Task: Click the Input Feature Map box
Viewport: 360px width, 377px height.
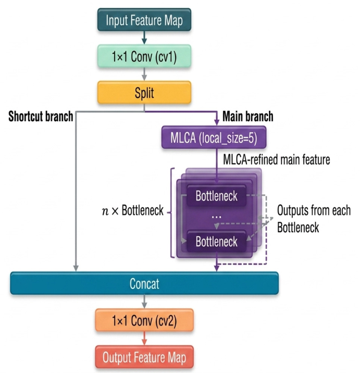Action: (144, 20)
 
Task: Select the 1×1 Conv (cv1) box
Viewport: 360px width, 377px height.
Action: (144, 56)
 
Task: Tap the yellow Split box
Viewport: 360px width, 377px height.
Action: (144, 93)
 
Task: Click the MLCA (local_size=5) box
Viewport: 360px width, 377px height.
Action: (214, 137)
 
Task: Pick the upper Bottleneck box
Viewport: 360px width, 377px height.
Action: (216, 196)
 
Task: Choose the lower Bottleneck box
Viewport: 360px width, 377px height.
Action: (216, 241)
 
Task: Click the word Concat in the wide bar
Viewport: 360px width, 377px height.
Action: (144, 284)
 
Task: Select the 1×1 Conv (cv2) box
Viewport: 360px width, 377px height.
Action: (144, 320)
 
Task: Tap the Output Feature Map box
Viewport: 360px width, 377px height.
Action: (144, 357)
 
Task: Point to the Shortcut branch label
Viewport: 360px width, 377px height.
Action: (41, 116)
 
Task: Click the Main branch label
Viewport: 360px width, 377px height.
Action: (248, 116)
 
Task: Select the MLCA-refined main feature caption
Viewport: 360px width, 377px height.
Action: (277, 159)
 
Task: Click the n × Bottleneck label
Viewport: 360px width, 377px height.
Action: (133, 210)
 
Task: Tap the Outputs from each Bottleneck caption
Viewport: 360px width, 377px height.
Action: (314, 219)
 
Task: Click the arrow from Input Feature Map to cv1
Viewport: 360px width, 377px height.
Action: (144, 37)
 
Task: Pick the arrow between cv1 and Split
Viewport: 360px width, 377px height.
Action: (144, 74)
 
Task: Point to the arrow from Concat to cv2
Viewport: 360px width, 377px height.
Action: (144, 301)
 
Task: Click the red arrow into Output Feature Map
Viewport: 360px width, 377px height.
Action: (144, 338)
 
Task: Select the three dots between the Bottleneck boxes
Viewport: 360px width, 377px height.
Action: (216, 217)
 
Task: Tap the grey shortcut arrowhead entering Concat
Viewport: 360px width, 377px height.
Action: (76, 268)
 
